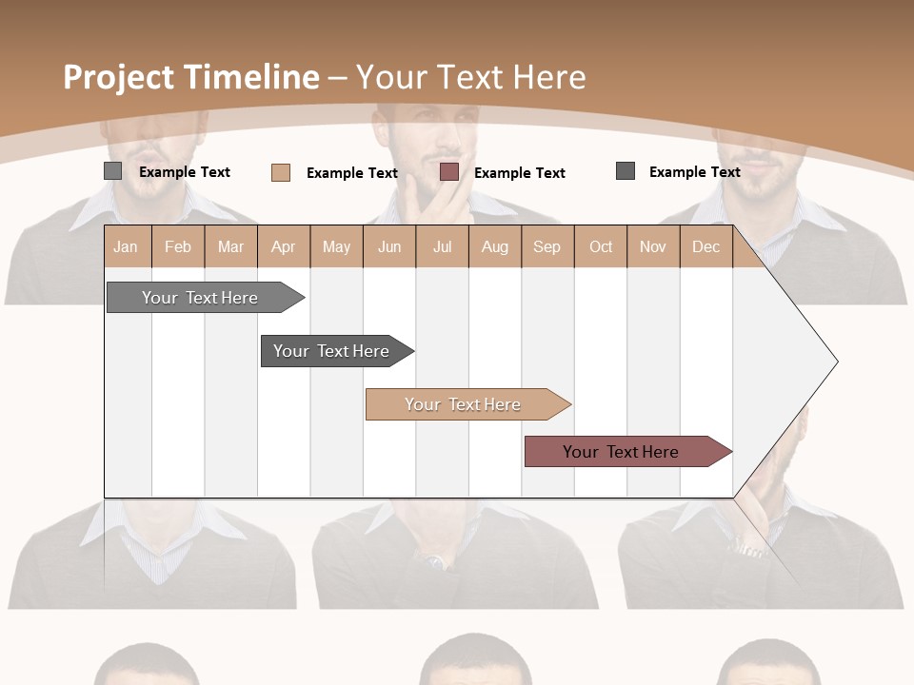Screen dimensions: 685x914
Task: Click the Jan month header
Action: [x=126, y=246]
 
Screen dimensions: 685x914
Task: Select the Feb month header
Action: [x=178, y=246]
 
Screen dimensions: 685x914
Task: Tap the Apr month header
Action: [x=284, y=246]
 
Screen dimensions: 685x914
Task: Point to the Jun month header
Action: [x=389, y=246]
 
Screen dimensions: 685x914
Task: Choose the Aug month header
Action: [x=495, y=246]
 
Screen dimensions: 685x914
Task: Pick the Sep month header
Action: [x=547, y=246]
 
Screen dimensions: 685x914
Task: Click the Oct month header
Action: [x=601, y=246]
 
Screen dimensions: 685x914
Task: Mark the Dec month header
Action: [x=706, y=246]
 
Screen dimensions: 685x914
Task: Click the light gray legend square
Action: [x=113, y=171]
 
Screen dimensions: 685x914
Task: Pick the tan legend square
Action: [x=281, y=172]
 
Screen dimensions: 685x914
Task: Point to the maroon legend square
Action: [x=449, y=172]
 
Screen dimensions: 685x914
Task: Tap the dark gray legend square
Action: [x=626, y=171]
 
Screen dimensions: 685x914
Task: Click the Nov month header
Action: [x=653, y=246]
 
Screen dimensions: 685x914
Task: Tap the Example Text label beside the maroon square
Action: [x=520, y=173]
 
